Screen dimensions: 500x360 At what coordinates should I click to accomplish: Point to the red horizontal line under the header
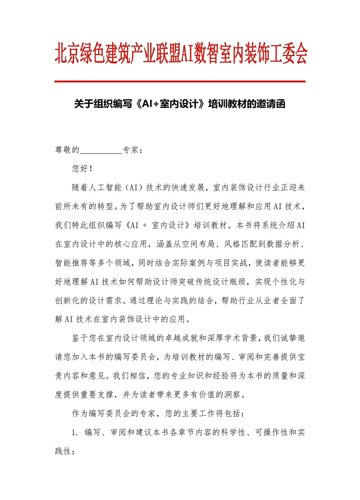click(180, 81)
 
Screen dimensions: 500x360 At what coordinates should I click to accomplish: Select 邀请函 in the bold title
click(270, 104)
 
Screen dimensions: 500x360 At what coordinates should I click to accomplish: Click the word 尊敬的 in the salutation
click(67, 150)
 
